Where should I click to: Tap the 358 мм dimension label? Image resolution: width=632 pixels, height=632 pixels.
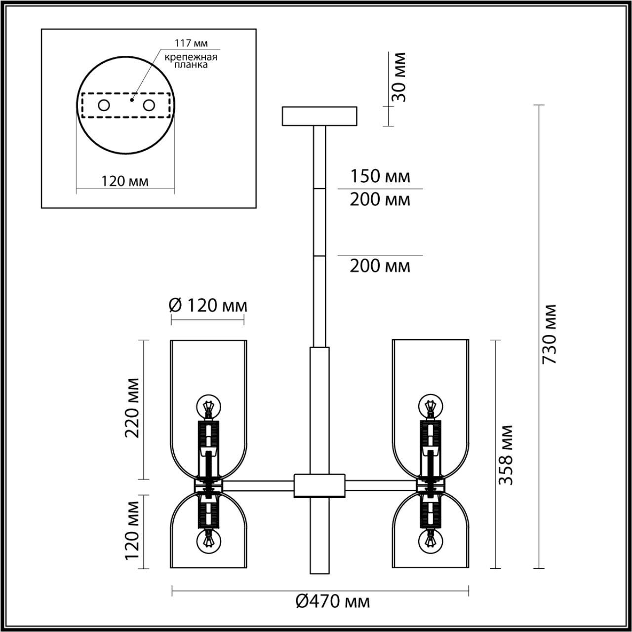(506, 454)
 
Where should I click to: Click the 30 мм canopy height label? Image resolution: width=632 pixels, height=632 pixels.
(397, 77)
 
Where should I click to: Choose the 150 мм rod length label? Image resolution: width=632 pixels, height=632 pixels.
(380, 176)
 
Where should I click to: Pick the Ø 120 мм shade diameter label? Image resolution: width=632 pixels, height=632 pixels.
(207, 306)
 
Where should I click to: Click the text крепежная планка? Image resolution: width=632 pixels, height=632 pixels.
(191, 61)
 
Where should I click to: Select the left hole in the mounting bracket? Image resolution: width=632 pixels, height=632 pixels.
(104, 105)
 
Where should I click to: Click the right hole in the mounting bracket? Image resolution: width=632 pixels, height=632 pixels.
(149, 105)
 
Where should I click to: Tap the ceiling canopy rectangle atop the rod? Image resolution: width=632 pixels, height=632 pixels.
(319, 116)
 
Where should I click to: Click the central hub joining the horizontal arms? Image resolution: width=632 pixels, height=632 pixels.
(319, 485)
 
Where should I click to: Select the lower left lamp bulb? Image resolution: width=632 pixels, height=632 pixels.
(208, 540)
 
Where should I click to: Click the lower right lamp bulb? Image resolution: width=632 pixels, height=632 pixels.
(430, 540)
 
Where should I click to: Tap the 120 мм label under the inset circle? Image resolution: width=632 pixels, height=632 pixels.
(125, 181)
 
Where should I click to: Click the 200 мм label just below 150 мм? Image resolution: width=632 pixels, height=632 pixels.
(380, 200)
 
